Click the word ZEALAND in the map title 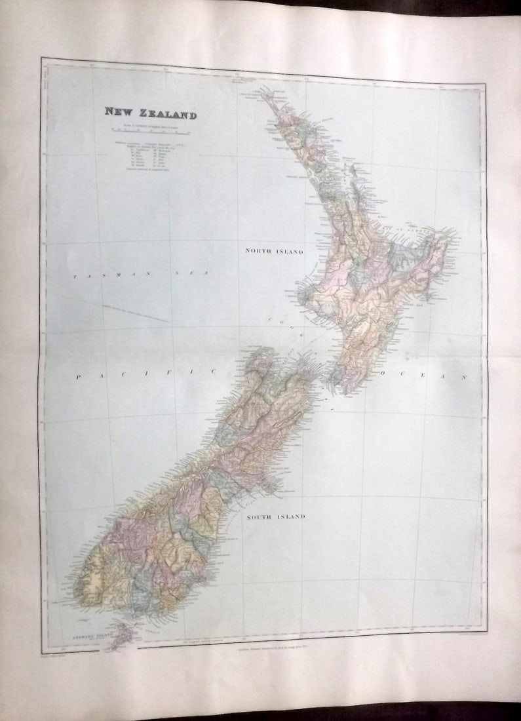[166, 114]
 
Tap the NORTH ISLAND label [275, 251]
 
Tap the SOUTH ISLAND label [275, 516]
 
